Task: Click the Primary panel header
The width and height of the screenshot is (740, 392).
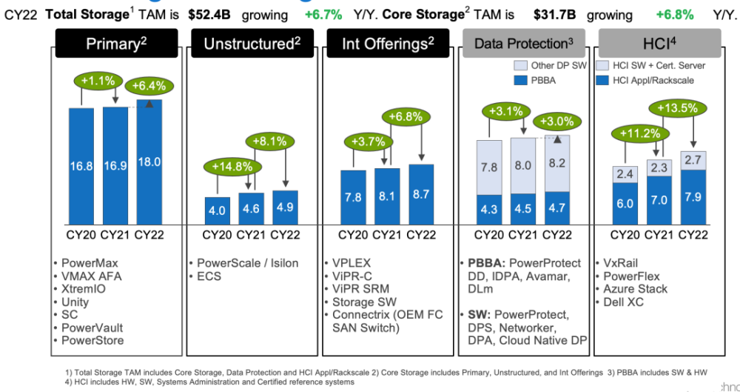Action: click(117, 44)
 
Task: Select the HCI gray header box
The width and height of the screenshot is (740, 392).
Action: click(659, 44)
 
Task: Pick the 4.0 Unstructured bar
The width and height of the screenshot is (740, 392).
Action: click(217, 210)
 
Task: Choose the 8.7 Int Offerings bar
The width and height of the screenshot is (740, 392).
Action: click(421, 193)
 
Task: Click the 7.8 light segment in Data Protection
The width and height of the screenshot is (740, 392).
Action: click(490, 167)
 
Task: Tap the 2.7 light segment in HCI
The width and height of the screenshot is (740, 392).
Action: click(693, 160)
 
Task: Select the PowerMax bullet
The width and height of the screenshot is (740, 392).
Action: click(87, 263)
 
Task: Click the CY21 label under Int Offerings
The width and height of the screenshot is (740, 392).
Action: click(387, 236)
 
